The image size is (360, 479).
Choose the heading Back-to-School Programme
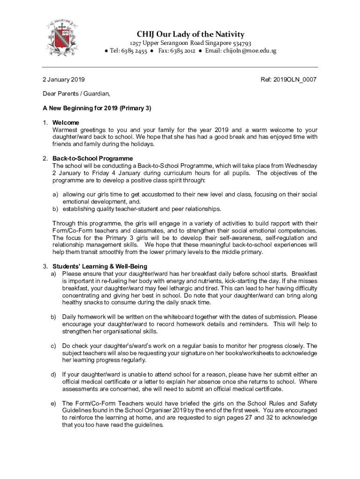pos(93,159)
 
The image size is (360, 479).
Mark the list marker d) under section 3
pos(54,374)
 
